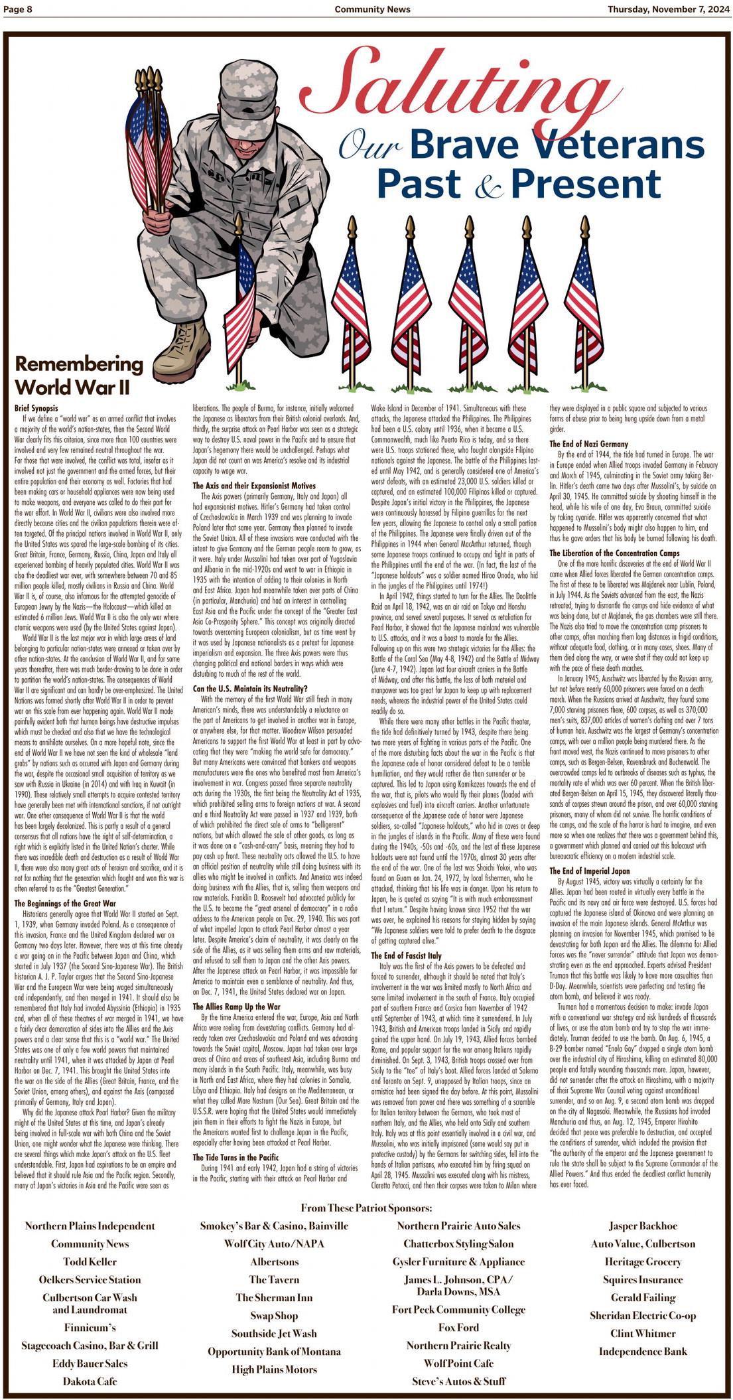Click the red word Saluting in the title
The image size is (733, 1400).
click(x=451, y=83)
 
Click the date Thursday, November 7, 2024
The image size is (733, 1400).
click(x=667, y=9)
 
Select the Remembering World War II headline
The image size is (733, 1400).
click(x=79, y=376)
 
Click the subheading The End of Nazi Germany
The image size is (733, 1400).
click(x=588, y=444)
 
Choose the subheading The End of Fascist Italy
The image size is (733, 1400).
click(x=406, y=955)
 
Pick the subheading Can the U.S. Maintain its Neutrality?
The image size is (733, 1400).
click(x=250, y=689)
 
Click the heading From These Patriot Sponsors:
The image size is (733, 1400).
click(x=366, y=1208)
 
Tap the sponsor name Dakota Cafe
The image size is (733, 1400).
click(x=90, y=1381)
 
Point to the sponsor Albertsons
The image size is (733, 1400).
click(x=275, y=1262)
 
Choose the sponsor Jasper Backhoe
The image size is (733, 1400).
click(x=643, y=1226)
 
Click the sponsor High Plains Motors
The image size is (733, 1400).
click(x=275, y=1369)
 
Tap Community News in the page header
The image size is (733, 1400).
click(x=372, y=9)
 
